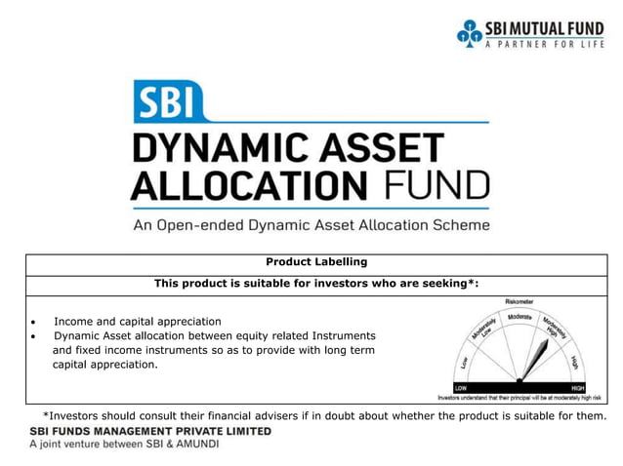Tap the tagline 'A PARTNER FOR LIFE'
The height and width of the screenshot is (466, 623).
(545, 44)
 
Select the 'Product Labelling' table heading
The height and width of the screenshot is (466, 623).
(316, 261)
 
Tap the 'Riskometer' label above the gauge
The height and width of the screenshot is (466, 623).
(519, 301)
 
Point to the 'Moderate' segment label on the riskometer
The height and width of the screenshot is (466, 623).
(519, 318)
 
